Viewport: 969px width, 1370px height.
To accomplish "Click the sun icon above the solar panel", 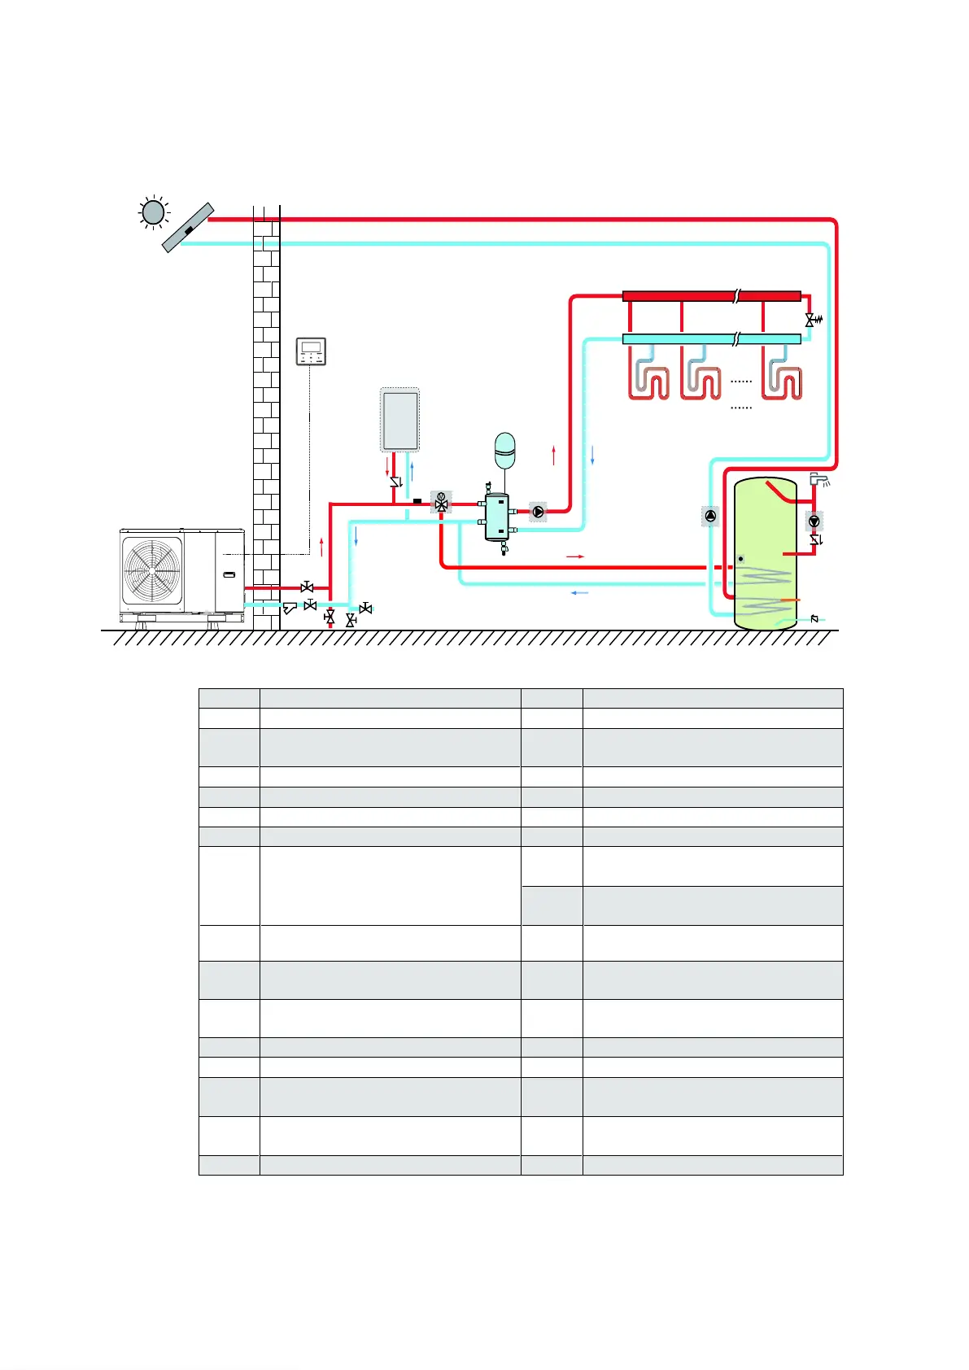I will click(x=153, y=212).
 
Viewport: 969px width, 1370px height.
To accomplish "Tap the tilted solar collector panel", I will click(x=188, y=228).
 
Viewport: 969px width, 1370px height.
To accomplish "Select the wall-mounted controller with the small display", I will click(x=311, y=351).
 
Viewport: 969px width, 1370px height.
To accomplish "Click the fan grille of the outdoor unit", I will click(x=152, y=570).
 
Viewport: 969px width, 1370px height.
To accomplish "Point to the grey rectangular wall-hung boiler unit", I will click(x=399, y=420).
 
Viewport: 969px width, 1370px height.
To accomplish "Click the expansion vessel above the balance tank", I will click(x=505, y=450).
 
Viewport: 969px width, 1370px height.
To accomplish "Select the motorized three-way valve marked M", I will click(x=442, y=502).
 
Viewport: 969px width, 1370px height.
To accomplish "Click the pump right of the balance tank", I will click(x=539, y=512).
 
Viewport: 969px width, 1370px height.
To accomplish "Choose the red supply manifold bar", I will click(x=711, y=296).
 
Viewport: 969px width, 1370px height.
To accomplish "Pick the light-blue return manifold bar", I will click(x=711, y=338).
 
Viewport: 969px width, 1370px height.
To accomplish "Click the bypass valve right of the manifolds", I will click(x=810, y=320).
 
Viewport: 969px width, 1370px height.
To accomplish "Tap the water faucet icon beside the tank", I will click(x=818, y=478).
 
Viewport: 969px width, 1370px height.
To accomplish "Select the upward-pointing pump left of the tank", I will click(x=710, y=516).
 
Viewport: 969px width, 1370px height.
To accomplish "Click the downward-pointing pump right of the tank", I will click(x=814, y=521).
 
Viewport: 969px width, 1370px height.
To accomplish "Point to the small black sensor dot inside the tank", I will click(x=740, y=559).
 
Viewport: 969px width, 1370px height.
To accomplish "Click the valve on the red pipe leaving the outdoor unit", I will click(x=307, y=587).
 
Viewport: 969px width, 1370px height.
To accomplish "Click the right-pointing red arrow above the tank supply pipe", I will click(x=575, y=556).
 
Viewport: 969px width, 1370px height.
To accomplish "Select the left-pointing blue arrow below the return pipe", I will click(x=579, y=593).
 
